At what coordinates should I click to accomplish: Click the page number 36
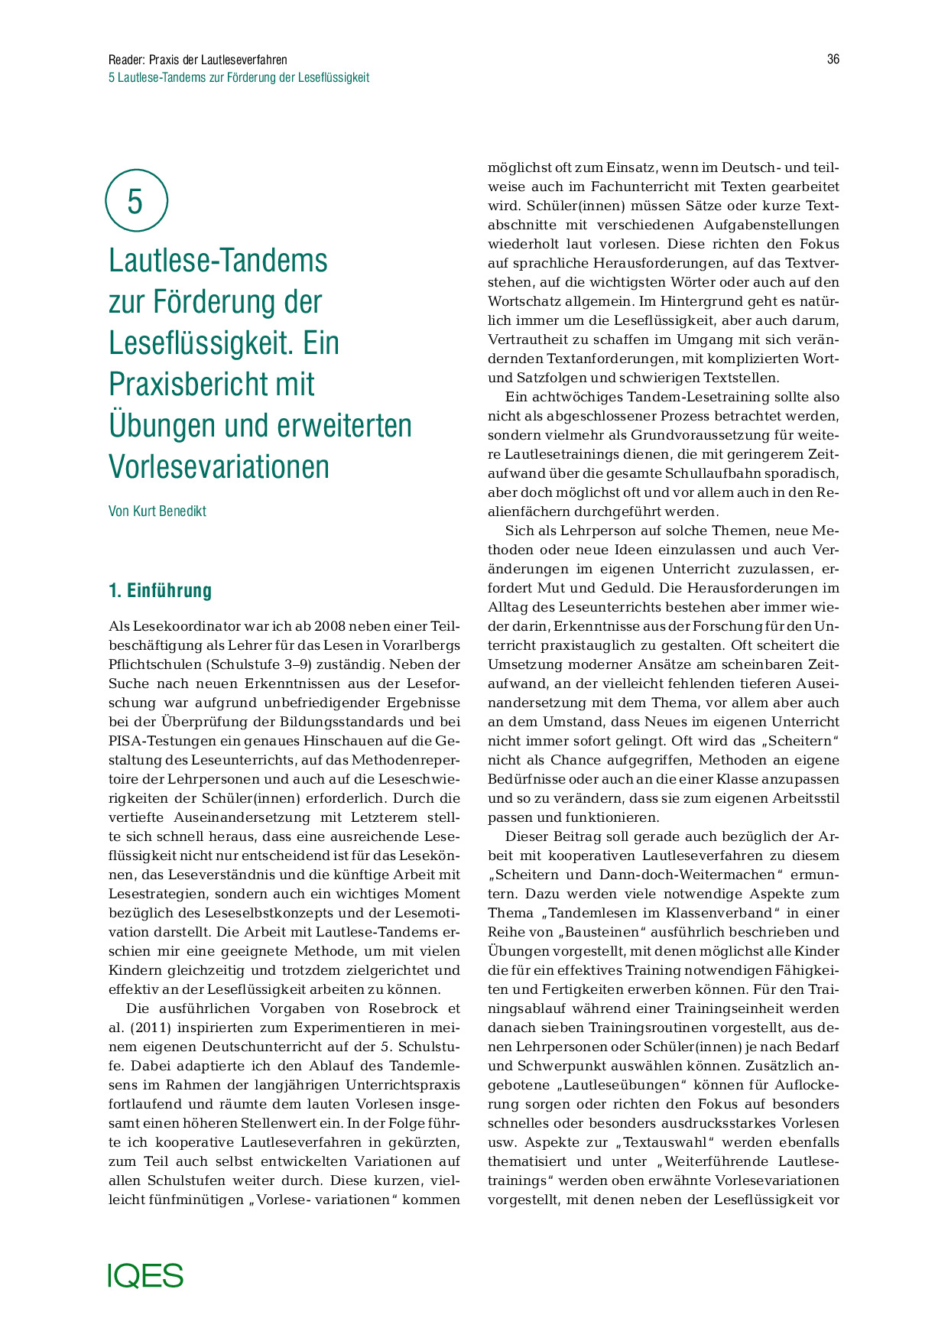833,60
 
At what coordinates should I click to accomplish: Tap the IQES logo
145,1275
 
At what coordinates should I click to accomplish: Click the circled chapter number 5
135,201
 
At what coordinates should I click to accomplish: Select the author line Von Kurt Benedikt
157,511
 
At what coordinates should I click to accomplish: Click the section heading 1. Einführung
160,591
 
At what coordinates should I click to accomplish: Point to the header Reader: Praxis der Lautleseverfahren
198,60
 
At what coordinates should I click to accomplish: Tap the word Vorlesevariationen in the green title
219,466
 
